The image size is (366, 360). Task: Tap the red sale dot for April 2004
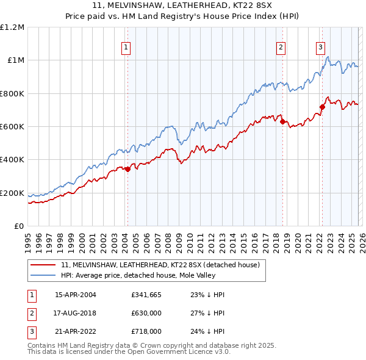(127, 170)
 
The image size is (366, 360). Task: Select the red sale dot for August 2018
(282, 121)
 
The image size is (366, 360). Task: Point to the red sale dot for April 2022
(322, 107)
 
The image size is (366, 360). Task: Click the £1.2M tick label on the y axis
(12, 27)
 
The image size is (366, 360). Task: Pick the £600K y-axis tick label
(12, 127)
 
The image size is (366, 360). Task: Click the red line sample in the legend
(43, 265)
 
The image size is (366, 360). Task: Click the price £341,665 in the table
(145, 294)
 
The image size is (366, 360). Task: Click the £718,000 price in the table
(145, 332)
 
